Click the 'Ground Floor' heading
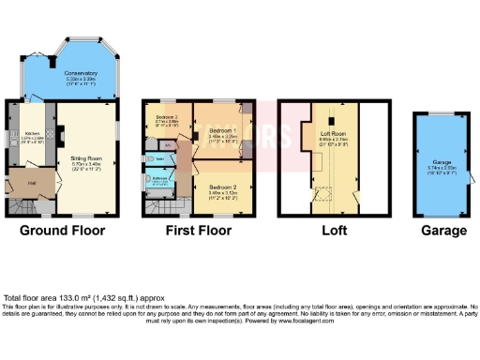62,230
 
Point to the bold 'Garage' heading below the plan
443,230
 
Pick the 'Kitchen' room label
32,133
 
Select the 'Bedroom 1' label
223,129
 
